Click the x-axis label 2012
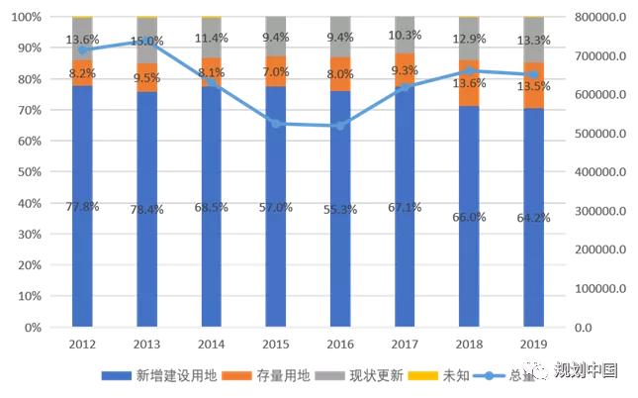(82, 345)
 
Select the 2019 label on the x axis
(533, 345)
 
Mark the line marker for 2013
(146, 41)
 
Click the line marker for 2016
(340, 126)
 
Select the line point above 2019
(533, 74)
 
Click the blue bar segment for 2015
(276, 208)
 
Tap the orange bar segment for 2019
(533, 85)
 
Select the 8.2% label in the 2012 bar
(82, 73)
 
